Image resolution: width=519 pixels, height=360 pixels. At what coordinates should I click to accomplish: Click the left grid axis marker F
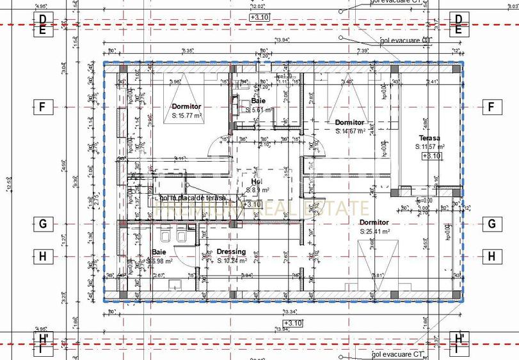tap(42, 107)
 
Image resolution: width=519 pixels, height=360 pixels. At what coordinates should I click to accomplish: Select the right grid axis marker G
tap(491, 224)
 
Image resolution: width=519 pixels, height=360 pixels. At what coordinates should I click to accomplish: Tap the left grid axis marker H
tap(42, 256)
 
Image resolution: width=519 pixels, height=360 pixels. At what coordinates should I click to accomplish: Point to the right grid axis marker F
tap(491, 107)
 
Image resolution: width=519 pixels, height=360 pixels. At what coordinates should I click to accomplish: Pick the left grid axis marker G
tap(42, 224)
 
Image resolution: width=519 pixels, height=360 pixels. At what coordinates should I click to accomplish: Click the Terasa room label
tap(430, 138)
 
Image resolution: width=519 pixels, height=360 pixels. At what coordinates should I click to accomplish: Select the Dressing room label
tap(231, 252)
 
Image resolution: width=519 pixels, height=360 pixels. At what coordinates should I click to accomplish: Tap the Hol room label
tap(256, 182)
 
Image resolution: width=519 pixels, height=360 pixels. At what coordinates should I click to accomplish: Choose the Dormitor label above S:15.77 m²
tap(187, 106)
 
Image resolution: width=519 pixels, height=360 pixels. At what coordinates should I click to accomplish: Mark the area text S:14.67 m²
tap(350, 131)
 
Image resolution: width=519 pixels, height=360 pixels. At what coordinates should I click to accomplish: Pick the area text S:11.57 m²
tap(431, 147)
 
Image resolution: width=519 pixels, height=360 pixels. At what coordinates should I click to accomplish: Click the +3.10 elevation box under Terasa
tap(432, 156)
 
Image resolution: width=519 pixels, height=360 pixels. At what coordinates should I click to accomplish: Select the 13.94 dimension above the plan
tap(282, 58)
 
